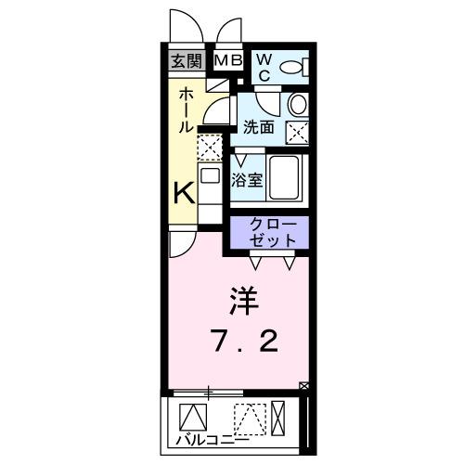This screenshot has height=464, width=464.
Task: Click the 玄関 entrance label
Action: point(185,62)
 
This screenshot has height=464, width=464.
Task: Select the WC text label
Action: point(263,67)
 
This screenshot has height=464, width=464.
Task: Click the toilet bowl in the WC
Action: point(292,66)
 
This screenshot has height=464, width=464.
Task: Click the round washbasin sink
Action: point(297,104)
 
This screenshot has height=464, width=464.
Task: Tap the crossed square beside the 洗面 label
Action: point(298,132)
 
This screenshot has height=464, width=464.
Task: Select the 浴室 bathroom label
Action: point(249,179)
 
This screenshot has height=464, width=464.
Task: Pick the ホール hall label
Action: point(186,109)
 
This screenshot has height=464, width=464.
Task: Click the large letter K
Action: point(185,194)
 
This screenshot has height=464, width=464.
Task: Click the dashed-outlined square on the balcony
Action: point(248,419)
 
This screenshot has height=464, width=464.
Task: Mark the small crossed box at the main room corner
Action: point(303,385)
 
